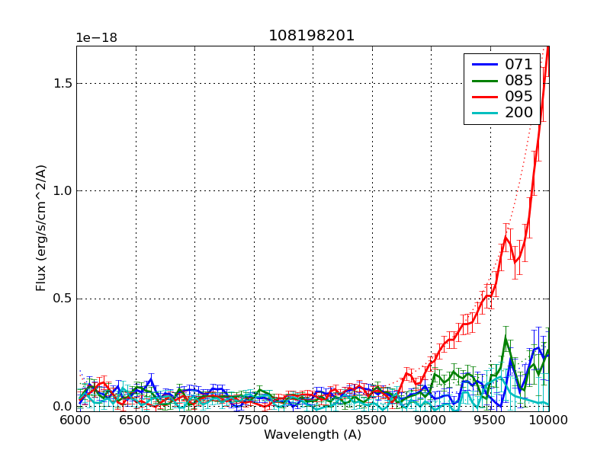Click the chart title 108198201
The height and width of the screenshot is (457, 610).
click(312, 36)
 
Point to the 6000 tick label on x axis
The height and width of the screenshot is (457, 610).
click(76, 420)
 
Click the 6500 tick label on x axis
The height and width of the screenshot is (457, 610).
click(136, 420)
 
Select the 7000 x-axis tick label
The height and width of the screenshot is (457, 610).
click(194, 420)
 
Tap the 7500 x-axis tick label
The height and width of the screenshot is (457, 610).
click(254, 420)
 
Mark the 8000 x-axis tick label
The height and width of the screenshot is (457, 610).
click(313, 420)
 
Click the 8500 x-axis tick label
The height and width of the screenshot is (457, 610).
click(372, 420)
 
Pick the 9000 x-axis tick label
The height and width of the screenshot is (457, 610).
click(431, 420)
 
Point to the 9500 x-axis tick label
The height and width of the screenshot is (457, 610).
click(490, 420)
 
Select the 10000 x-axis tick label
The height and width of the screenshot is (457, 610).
click(547, 420)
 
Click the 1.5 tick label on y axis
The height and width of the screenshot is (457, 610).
click(62, 83)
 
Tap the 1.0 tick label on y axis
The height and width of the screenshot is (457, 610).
click(62, 190)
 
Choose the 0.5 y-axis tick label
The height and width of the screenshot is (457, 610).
click(62, 298)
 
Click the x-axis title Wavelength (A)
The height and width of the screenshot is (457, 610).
click(313, 435)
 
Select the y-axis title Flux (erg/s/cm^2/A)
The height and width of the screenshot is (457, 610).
click(41, 228)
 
